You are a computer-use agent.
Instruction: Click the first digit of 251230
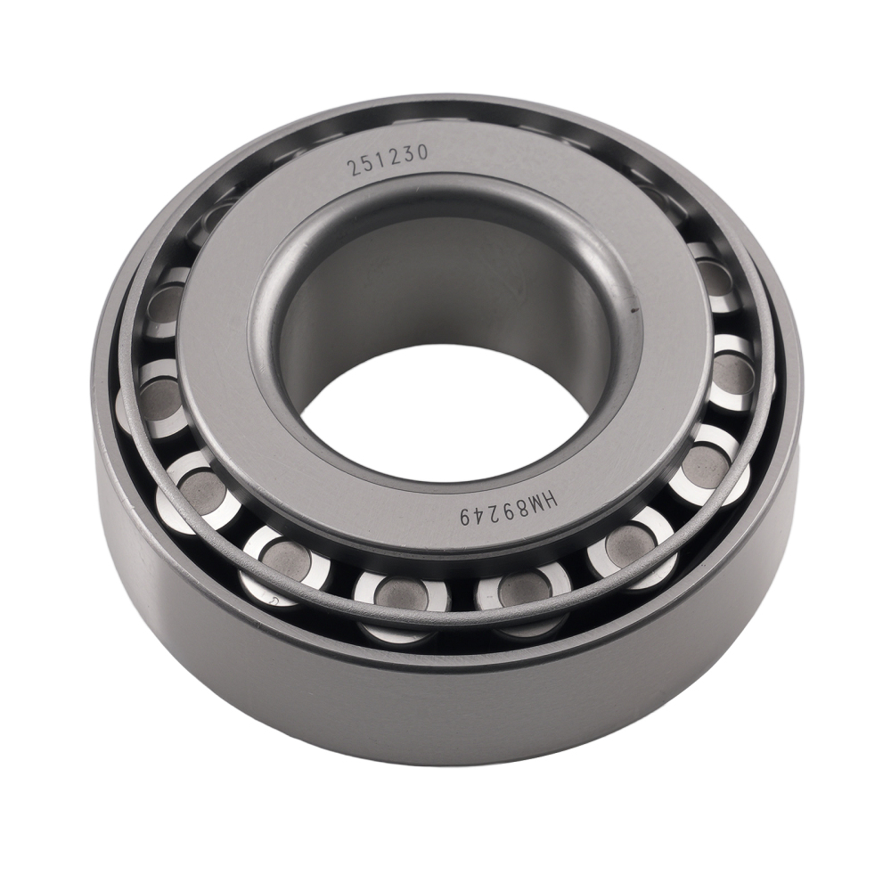click(354, 168)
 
